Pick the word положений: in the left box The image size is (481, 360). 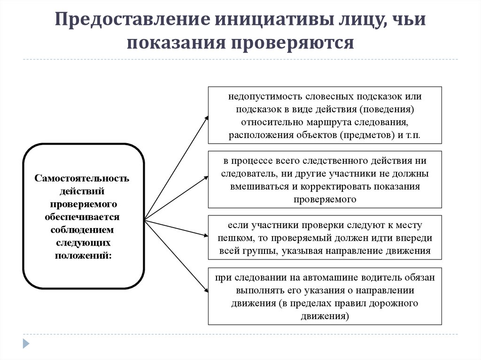(x=84, y=255)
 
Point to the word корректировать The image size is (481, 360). (x=338, y=186)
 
